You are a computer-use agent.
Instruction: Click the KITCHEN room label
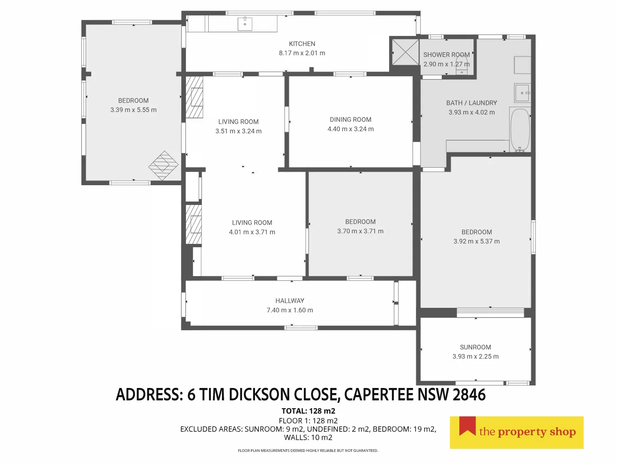tap(302, 44)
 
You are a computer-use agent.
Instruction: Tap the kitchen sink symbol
tap(245, 24)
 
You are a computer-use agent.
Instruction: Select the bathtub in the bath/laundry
tap(520, 129)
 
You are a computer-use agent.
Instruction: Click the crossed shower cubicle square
tap(405, 52)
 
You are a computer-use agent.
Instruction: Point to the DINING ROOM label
tap(350, 120)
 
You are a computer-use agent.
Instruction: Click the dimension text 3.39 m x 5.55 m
tap(133, 110)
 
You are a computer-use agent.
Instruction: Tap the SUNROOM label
tap(475, 347)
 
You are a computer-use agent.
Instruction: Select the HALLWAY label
tap(290, 301)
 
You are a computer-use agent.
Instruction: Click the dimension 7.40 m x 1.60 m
tap(290, 310)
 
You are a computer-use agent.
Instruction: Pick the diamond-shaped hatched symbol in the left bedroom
tap(163, 165)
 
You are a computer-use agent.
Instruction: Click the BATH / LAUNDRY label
tap(471, 103)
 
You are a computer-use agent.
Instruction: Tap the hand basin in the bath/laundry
tap(522, 93)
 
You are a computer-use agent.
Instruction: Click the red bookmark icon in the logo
tap(467, 427)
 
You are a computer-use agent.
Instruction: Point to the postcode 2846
tap(469, 395)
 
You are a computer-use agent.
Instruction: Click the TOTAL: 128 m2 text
tap(308, 411)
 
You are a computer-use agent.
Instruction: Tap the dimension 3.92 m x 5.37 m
tap(476, 241)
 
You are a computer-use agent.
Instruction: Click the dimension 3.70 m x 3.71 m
tap(360, 231)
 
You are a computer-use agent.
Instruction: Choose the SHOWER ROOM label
tap(446, 55)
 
